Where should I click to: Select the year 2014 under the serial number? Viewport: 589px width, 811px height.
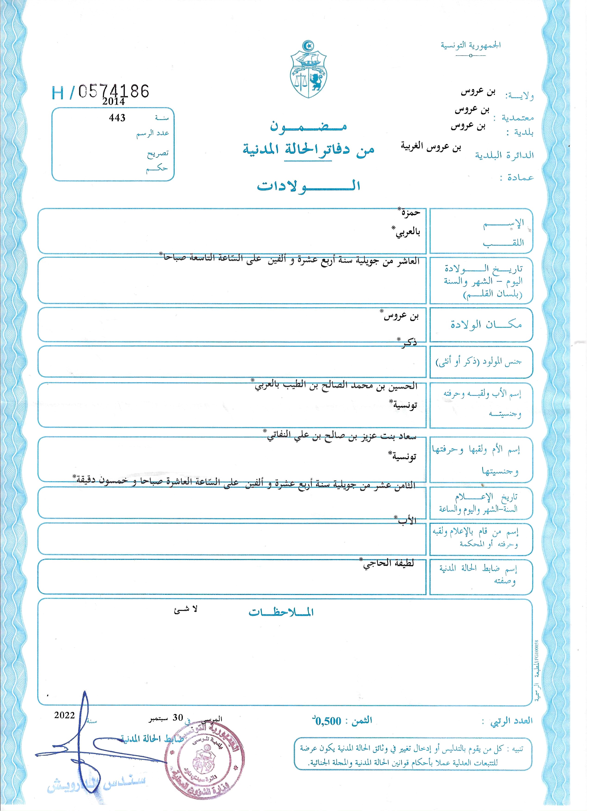[113, 102]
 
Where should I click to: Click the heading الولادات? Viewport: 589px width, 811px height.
[308, 186]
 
